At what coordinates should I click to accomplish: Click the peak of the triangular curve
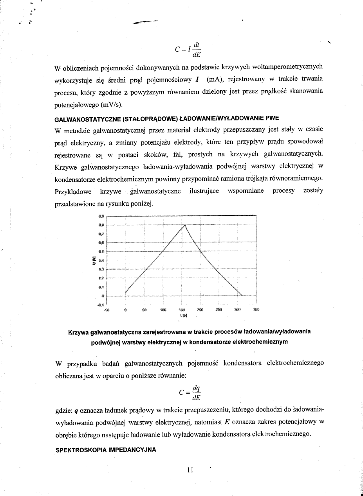click(x=185, y=224)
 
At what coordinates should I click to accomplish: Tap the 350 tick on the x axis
click(x=256, y=309)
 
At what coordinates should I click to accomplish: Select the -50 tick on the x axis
click(x=107, y=309)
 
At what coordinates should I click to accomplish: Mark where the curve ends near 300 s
click(x=242, y=296)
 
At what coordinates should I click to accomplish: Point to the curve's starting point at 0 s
click(x=125, y=292)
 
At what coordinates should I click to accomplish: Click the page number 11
click(x=190, y=471)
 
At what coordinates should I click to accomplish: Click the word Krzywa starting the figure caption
click(x=79, y=332)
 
